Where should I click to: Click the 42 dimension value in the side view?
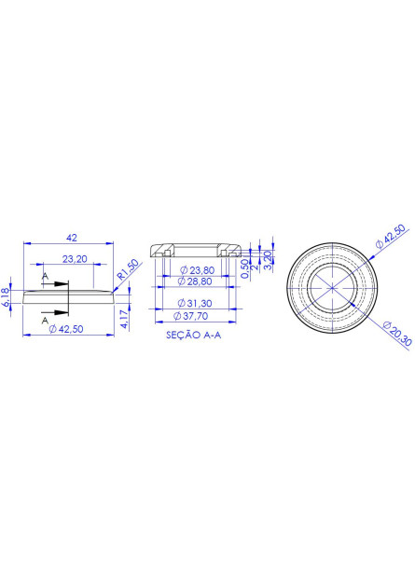click(72, 238)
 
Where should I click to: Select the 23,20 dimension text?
click(75, 259)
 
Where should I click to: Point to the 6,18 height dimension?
click(6, 297)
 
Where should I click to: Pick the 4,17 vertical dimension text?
click(124, 319)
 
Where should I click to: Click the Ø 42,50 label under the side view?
click(66, 329)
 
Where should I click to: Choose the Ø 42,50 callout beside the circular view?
click(390, 237)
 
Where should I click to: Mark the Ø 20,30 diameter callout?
click(397, 334)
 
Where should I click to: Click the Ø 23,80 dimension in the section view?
click(197, 270)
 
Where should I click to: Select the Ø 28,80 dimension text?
click(195, 281)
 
